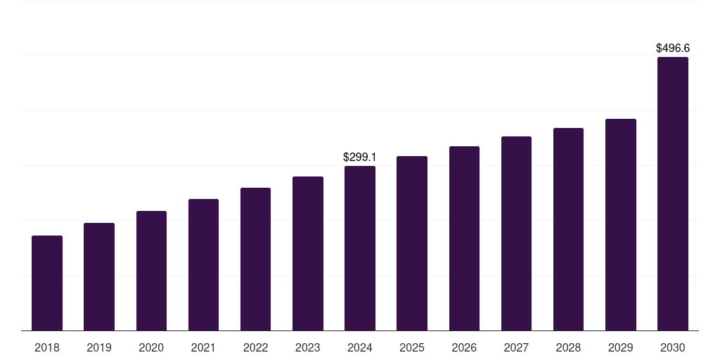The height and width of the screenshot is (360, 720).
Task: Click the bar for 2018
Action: (x=47, y=283)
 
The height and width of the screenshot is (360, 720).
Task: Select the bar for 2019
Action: (x=99, y=276)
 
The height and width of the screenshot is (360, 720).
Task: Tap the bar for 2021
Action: (x=203, y=264)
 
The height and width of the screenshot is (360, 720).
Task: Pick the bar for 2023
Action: (x=308, y=253)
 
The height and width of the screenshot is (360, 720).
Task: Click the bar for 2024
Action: (x=360, y=247)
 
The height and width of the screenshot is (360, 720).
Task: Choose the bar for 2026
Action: (x=464, y=238)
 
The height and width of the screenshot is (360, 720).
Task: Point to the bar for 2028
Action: (x=568, y=229)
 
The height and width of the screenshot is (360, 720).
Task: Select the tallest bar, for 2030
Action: (x=673, y=193)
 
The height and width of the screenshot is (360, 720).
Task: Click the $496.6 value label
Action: (x=673, y=49)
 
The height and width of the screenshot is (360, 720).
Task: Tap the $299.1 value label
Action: (x=360, y=157)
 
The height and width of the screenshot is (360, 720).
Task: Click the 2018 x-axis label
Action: (x=47, y=347)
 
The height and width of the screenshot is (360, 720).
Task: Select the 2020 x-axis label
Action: (x=151, y=347)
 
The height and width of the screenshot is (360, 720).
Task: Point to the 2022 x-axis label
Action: (x=256, y=347)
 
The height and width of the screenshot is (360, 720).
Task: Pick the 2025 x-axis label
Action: (x=412, y=347)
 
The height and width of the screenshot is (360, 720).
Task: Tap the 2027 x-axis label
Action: (x=516, y=347)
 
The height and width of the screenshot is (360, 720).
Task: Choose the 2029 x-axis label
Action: (x=621, y=347)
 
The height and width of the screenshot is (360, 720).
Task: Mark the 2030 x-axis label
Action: (x=673, y=347)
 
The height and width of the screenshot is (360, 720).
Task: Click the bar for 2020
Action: (x=151, y=271)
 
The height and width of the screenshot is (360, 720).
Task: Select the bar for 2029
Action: (x=621, y=224)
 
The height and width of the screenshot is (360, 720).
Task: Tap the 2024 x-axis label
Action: (x=360, y=347)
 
